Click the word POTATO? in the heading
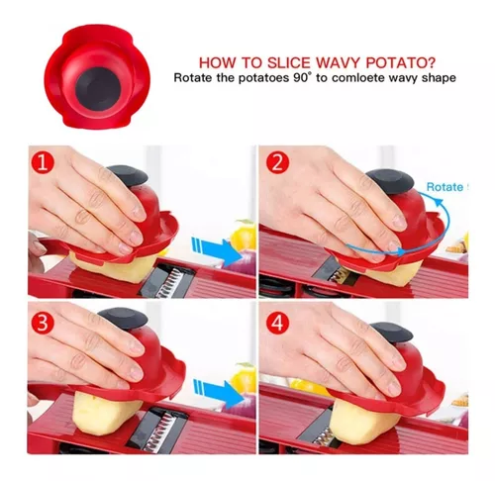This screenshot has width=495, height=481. click(x=400, y=63)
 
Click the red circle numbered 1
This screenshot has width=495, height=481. click(x=43, y=163)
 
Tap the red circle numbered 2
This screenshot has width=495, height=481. click(x=278, y=163)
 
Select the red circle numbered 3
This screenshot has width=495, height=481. click(x=43, y=323)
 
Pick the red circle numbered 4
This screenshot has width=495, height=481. click(x=278, y=323)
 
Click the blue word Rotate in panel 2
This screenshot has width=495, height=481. click(x=445, y=187)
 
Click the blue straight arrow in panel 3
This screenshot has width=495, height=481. click(x=219, y=394)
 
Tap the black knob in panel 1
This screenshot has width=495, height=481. click(x=128, y=175)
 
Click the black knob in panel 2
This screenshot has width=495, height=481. click(x=390, y=181)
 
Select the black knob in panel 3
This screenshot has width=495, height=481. click(x=123, y=319)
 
